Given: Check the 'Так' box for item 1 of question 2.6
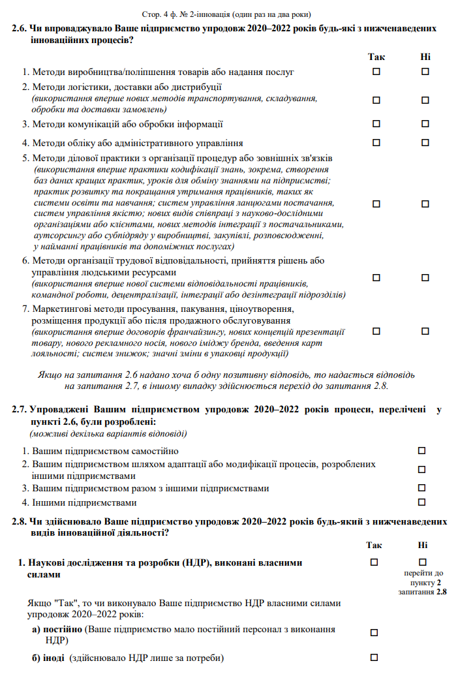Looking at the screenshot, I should (376, 72).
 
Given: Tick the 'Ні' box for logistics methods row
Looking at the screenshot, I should (425, 100).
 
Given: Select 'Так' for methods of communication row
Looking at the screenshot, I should (376, 123).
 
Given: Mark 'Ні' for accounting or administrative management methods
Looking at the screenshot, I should (425, 142).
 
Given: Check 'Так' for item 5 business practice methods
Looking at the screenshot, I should (376, 204).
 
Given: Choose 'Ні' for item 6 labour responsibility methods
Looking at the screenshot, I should (425, 278).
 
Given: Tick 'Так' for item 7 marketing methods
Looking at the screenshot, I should (376, 331).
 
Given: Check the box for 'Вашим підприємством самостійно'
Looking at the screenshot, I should (421, 450).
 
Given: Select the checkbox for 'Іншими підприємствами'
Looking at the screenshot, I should (421, 502).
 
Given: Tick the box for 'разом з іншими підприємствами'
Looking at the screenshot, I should (421, 487).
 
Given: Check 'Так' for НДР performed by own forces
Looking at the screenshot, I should (374, 562).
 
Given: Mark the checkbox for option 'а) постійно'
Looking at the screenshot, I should (374, 632).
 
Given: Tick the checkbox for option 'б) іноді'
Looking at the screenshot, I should (374, 656).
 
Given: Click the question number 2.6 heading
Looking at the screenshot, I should (20, 30).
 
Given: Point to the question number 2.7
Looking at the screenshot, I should (20, 410).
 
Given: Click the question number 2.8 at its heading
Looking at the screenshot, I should (20, 522).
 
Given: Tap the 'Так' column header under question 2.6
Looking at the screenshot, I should (376, 57).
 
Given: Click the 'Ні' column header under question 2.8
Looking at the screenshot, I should (422, 545).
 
